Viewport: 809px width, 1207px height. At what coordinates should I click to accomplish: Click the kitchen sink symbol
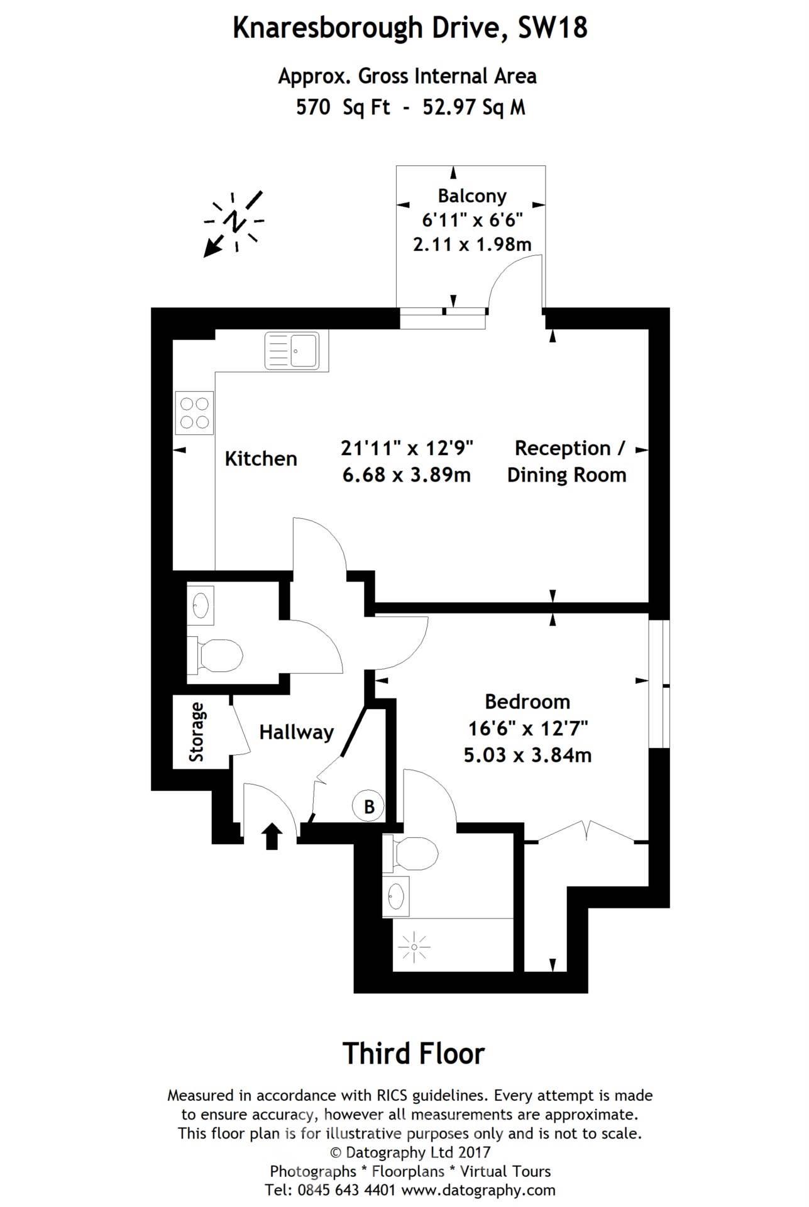pyautogui.click(x=292, y=351)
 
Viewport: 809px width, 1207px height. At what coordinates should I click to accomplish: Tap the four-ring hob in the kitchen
pyautogui.click(x=194, y=412)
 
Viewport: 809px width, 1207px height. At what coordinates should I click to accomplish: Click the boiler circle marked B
pyautogui.click(x=369, y=807)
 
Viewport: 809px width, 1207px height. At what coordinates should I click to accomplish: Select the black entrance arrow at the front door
pyautogui.click(x=272, y=837)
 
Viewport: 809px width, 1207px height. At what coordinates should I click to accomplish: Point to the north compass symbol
pyautogui.click(x=233, y=223)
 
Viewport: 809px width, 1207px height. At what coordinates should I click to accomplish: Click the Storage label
pyautogui.click(x=197, y=732)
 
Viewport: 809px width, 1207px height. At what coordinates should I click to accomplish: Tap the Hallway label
pyautogui.click(x=296, y=732)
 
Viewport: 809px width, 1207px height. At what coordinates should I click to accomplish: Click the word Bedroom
pyautogui.click(x=527, y=702)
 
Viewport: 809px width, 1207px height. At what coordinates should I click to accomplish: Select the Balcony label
pyautogui.click(x=472, y=196)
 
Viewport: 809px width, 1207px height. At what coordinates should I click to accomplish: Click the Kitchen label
pyautogui.click(x=261, y=458)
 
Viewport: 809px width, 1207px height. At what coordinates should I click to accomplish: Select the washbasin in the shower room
pyautogui.click(x=395, y=896)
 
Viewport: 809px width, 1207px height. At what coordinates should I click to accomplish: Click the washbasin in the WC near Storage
pyautogui.click(x=201, y=605)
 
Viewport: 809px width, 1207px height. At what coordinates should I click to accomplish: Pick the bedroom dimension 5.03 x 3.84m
pyautogui.click(x=527, y=754)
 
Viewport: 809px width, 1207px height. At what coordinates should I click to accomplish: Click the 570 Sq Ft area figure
pyautogui.click(x=343, y=107)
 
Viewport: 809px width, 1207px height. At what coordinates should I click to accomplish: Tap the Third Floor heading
pyautogui.click(x=414, y=1054)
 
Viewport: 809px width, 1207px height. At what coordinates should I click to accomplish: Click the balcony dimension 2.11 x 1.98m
pyautogui.click(x=472, y=244)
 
